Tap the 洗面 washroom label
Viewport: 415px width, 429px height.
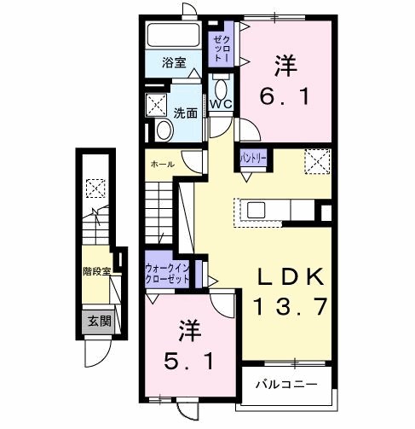coord(186,111)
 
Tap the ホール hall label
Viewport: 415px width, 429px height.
coord(162,164)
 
